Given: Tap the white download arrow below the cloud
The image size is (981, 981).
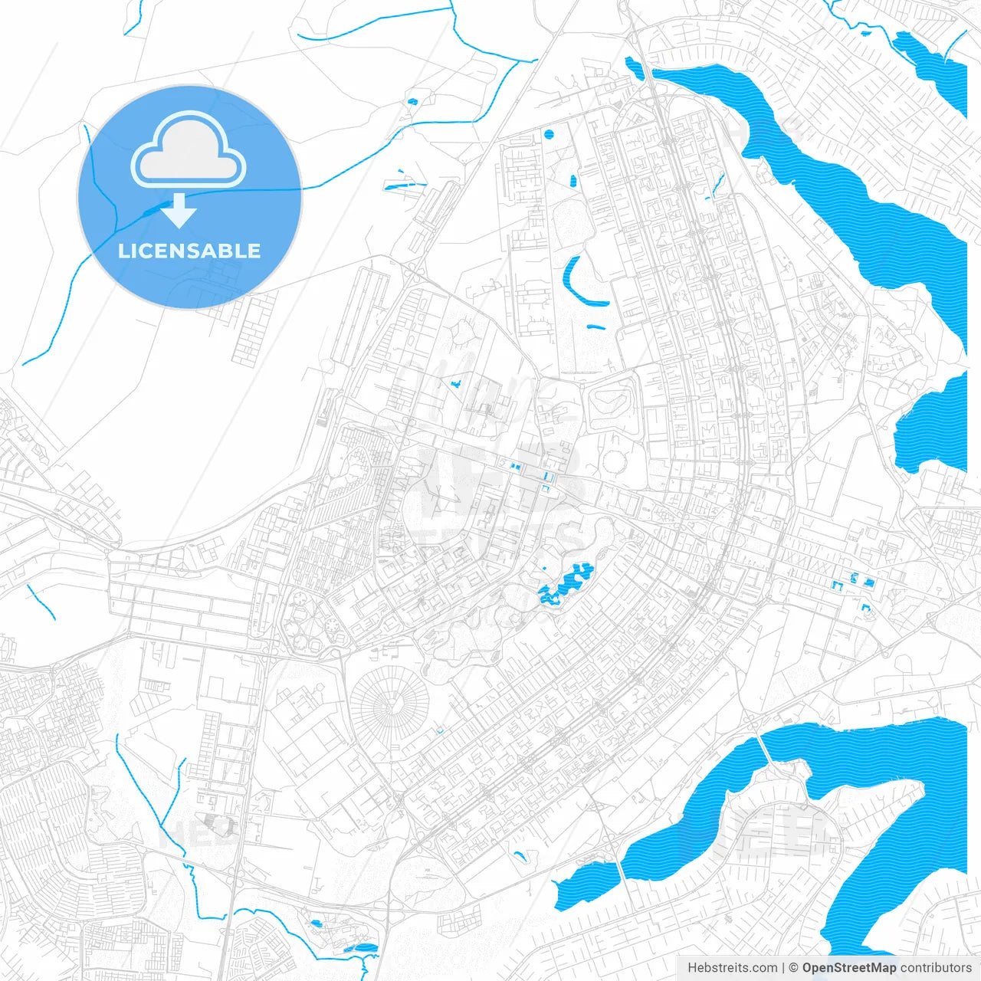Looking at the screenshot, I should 179,211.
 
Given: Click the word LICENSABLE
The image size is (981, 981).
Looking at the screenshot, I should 189,251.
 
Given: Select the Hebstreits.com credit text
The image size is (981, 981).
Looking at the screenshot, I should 732,968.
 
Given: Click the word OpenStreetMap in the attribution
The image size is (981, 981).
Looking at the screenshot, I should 848,968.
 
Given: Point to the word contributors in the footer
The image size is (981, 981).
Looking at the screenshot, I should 935,968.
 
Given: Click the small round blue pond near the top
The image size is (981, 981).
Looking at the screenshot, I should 549,135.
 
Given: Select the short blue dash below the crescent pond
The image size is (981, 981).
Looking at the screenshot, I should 595,327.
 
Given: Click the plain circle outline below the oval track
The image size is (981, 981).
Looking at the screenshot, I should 615,461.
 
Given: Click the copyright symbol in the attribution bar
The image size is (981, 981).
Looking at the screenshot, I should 794,968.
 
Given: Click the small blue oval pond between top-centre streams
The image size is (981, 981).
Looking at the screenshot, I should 412,101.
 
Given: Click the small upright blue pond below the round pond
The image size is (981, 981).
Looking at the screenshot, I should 573,181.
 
